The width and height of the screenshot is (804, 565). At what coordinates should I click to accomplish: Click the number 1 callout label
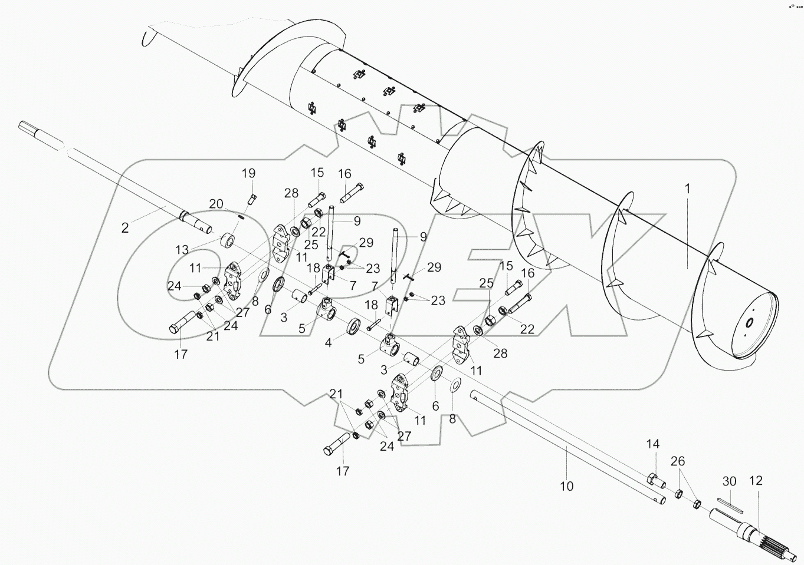point(687,189)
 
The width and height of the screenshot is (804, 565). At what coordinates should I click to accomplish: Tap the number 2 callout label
point(124,228)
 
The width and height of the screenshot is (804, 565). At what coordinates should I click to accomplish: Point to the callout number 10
point(566,487)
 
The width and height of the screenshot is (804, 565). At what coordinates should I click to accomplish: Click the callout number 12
point(756,481)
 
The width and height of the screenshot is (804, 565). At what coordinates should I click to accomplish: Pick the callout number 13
point(183,250)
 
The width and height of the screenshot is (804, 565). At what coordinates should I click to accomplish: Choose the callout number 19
point(248,173)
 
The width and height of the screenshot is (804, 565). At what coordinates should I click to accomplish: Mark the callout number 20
point(216,204)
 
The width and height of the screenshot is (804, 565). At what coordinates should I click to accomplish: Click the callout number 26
point(678,460)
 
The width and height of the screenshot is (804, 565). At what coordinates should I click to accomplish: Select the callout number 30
point(730,481)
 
